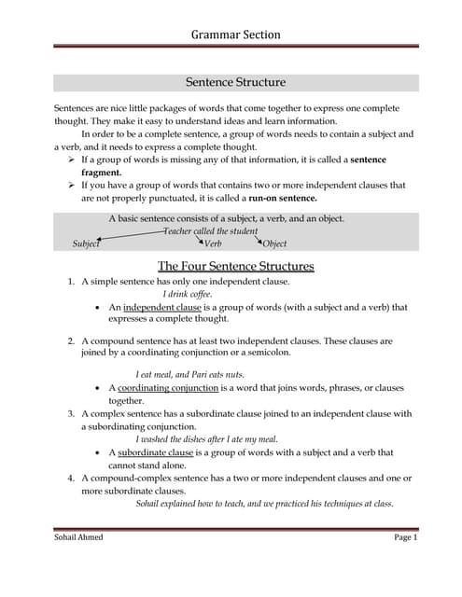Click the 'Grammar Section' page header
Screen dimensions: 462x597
[x=235, y=35]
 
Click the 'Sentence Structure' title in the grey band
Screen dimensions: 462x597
[x=235, y=83]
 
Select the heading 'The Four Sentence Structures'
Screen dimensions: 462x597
[x=235, y=266]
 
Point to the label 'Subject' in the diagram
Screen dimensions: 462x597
[x=86, y=243]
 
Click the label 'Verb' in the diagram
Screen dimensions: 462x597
[x=212, y=243]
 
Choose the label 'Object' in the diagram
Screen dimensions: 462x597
[x=274, y=243]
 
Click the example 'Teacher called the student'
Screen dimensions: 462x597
[x=211, y=230]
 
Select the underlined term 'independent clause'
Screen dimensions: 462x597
[x=161, y=307]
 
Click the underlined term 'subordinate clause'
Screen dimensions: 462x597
[x=161, y=452]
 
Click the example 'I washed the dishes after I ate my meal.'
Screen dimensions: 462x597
[x=206, y=439]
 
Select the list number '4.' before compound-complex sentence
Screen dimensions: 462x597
[x=71, y=478]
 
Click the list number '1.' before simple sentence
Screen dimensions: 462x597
[x=71, y=281]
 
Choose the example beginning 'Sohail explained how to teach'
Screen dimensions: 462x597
[x=264, y=504]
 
